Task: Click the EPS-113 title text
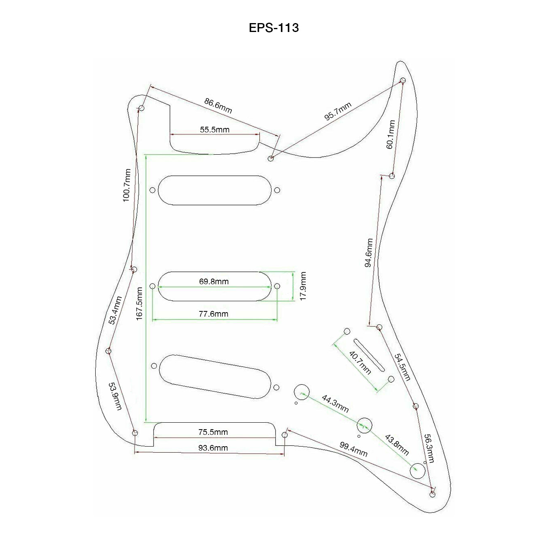(274, 28)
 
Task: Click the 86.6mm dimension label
(218, 106)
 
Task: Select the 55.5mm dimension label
(214, 130)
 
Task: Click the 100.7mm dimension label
(127, 185)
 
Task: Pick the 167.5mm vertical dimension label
(139, 304)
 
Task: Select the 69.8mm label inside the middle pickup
(214, 281)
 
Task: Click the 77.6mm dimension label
(213, 314)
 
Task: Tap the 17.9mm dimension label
(303, 286)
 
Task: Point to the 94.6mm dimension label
(368, 253)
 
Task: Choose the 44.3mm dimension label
(335, 403)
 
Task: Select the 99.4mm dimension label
(353, 449)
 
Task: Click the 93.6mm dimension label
(213, 448)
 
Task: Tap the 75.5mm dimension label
(213, 432)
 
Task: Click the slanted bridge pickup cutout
(215, 377)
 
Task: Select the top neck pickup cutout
(214, 190)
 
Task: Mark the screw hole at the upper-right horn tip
(403, 80)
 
